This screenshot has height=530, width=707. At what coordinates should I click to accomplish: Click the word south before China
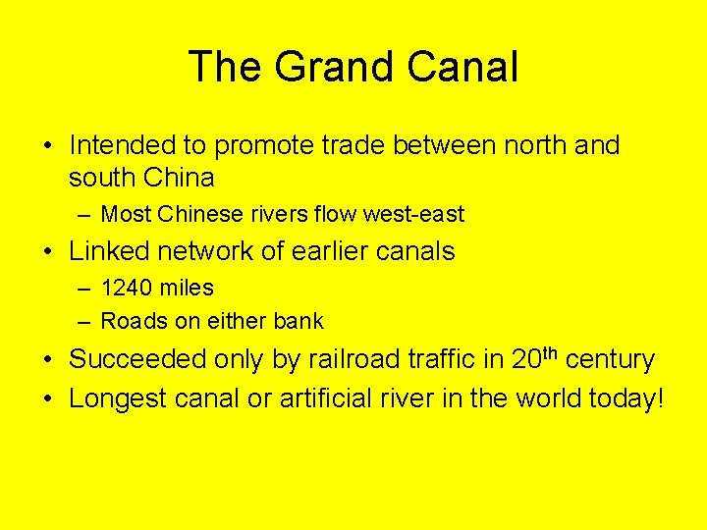[103, 178]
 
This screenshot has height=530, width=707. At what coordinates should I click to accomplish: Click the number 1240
[128, 289]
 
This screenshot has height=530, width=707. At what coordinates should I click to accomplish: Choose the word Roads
[129, 321]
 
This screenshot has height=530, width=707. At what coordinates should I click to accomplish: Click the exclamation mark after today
[661, 398]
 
